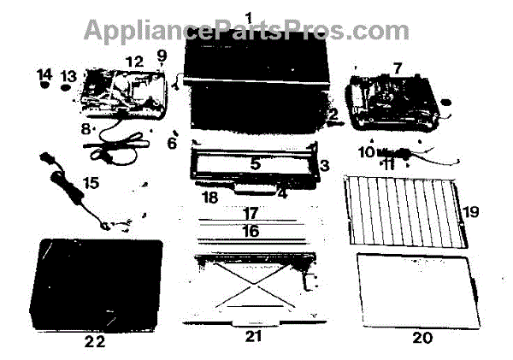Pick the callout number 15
(90, 182)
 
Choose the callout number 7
(396, 66)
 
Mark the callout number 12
(133, 62)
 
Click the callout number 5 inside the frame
(255, 161)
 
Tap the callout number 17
(250, 211)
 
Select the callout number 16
(250, 230)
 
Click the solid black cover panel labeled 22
(94, 282)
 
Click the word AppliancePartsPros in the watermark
(197, 31)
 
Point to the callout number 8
(85, 130)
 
